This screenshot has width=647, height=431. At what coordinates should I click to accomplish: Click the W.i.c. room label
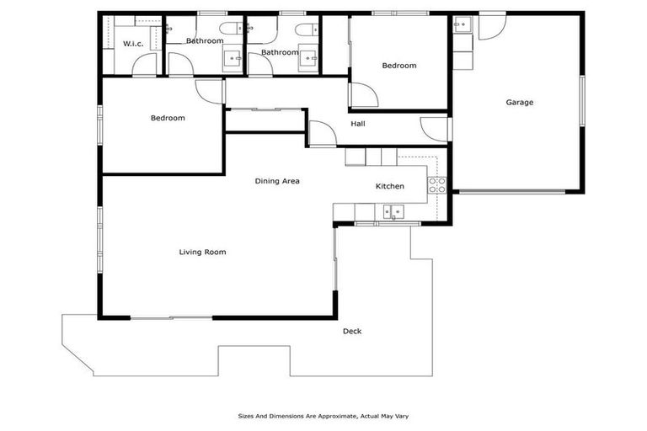click(x=132, y=44)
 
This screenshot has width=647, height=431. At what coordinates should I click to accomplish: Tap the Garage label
click(x=519, y=103)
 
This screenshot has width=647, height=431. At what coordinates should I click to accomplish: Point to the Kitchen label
click(x=389, y=186)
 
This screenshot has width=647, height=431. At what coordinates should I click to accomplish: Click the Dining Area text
click(x=277, y=181)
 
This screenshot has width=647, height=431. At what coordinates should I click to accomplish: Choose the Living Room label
click(x=202, y=252)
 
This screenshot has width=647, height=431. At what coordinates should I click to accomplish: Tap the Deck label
click(x=352, y=331)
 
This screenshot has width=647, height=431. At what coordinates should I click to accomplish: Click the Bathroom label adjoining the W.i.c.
click(x=205, y=40)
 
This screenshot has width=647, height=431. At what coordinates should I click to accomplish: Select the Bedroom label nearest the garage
click(x=398, y=66)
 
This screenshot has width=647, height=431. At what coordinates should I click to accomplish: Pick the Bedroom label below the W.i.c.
click(x=168, y=118)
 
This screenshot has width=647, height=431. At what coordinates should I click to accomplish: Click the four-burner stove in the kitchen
click(x=436, y=185)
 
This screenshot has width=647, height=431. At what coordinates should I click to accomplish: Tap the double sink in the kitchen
click(x=393, y=211)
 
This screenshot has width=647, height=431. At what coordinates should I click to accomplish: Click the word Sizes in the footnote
click(x=246, y=416)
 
